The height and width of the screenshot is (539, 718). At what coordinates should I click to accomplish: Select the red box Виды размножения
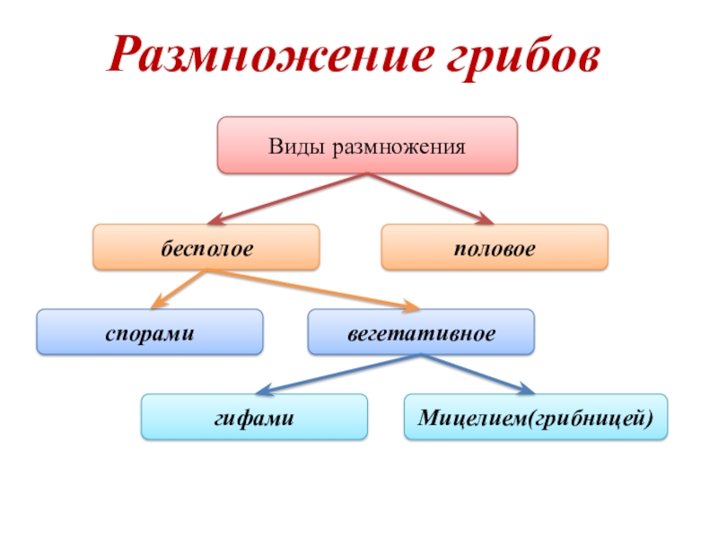pyautogui.click(x=367, y=145)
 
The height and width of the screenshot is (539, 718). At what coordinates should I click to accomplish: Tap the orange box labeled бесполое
pyautogui.click(x=206, y=248)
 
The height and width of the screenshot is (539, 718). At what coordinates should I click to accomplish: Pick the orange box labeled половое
pyautogui.click(x=495, y=248)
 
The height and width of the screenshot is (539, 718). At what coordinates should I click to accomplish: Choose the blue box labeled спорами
pyautogui.click(x=150, y=332)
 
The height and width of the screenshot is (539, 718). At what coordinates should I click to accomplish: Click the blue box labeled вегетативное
pyautogui.click(x=421, y=332)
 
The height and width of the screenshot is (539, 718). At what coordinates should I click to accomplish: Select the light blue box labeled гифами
pyautogui.click(x=254, y=417)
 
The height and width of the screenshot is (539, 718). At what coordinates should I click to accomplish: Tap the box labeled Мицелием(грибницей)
pyautogui.click(x=536, y=417)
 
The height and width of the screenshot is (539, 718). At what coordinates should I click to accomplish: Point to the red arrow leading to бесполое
pyautogui.click(x=287, y=198)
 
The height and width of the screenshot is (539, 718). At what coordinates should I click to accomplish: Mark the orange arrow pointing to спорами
pyautogui.click(x=179, y=289)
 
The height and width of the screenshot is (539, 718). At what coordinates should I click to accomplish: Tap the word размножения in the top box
pyautogui.click(x=400, y=146)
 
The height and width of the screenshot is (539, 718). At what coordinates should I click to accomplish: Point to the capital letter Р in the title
pyautogui.click(x=126, y=56)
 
